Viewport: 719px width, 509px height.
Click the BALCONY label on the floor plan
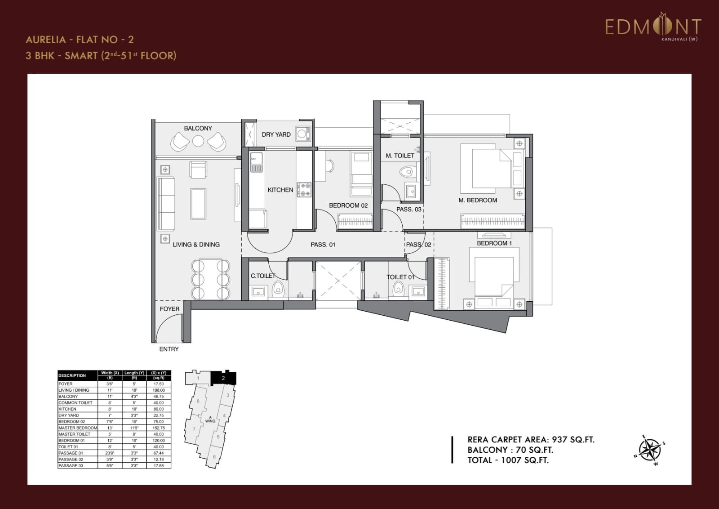pos(198,128)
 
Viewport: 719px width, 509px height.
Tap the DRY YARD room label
pos(276,134)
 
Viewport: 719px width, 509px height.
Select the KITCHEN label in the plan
pos(280,190)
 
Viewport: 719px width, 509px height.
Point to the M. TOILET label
pos(399,156)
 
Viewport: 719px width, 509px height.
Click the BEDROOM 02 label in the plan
pos(348,205)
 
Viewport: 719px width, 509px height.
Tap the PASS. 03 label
pos(408,210)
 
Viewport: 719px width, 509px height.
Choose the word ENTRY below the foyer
pos(169,349)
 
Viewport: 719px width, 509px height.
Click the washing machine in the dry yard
pos(303,133)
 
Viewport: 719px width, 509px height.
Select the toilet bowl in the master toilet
pos(407,172)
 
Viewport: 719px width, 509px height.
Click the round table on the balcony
pos(198,141)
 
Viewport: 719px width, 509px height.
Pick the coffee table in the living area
pos(198,204)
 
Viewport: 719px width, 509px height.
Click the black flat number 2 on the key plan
pos(223,378)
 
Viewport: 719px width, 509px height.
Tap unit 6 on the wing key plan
pos(214,457)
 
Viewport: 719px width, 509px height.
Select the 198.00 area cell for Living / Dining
pos(159,390)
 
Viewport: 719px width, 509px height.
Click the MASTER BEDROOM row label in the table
pos(78,428)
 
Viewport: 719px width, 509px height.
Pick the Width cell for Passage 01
pos(110,453)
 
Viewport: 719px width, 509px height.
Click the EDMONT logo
pos(652,28)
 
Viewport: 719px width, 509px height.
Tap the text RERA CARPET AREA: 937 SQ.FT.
pos(531,440)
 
